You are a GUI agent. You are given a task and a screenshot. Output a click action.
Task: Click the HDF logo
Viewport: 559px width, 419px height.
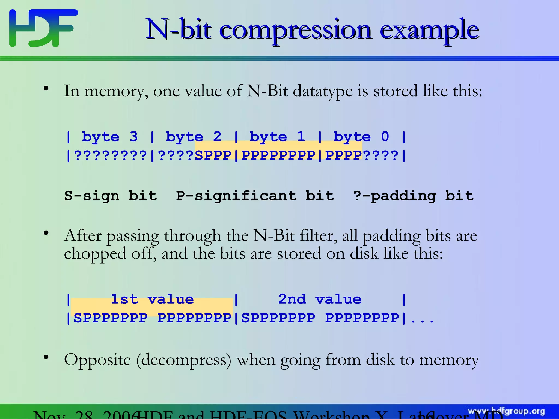(43, 28)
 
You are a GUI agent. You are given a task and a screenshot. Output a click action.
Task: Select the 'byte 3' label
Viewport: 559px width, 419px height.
(110, 137)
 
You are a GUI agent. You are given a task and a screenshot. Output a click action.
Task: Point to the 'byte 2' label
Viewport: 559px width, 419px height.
(194, 137)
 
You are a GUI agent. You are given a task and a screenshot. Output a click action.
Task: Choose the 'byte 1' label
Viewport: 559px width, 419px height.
(277, 137)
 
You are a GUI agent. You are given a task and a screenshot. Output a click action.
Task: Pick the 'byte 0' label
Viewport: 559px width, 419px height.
(361, 137)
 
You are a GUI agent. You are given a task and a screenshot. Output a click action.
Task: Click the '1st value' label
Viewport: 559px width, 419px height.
(152, 299)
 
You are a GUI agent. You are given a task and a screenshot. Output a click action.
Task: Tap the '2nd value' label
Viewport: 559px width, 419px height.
(320, 299)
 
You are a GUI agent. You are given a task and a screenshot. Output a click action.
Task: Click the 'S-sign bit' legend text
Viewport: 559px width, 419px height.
(111, 196)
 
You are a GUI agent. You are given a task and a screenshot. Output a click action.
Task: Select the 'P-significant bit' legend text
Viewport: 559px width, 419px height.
(255, 196)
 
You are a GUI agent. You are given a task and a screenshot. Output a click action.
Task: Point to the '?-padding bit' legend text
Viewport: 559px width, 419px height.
(413, 196)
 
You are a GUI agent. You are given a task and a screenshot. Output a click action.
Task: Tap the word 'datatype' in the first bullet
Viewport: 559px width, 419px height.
(323, 91)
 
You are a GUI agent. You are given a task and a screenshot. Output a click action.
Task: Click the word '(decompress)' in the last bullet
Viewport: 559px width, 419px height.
(184, 360)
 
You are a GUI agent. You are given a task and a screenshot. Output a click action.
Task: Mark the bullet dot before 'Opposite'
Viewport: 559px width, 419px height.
(46, 357)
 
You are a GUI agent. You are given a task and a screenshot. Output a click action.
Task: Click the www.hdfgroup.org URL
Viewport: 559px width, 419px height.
(506, 411)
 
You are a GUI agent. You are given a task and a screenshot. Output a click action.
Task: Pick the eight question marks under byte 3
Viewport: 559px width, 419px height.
(111, 155)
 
